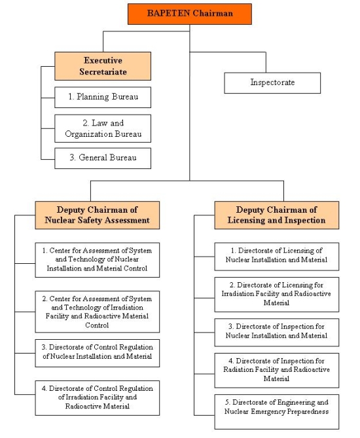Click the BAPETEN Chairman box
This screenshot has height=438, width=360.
pyautogui.click(x=190, y=14)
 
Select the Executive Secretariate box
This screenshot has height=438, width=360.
pyautogui.click(x=103, y=66)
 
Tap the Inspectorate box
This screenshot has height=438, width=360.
pyautogui.click(x=272, y=83)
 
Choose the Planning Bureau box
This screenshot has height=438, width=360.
pyautogui.click(x=103, y=97)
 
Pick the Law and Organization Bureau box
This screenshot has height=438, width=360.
pyautogui.click(x=103, y=128)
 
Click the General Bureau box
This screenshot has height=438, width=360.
pyautogui.click(x=103, y=158)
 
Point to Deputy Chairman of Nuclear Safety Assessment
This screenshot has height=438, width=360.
pyautogui.click(x=97, y=215)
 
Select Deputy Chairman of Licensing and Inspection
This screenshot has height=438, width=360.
pyautogui.click(x=276, y=215)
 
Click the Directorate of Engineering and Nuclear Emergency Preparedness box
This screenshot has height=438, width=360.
pyautogui.click(x=276, y=412)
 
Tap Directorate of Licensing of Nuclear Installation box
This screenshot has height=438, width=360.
pyautogui.click(x=276, y=257)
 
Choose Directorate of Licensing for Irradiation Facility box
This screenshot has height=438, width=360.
pyautogui.click(x=276, y=295)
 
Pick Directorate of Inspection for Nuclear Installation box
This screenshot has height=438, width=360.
pyautogui.click(x=276, y=333)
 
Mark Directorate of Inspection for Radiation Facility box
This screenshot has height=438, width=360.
pyautogui.click(x=276, y=371)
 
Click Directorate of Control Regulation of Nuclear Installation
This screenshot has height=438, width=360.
pyautogui.click(x=97, y=353)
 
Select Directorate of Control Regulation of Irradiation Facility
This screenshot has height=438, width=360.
pyautogui.click(x=97, y=398)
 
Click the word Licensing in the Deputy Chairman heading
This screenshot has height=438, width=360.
pyautogui.click(x=246, y=221)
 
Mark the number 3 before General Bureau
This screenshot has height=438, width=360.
pyautogui.click(x=73, y=158)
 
